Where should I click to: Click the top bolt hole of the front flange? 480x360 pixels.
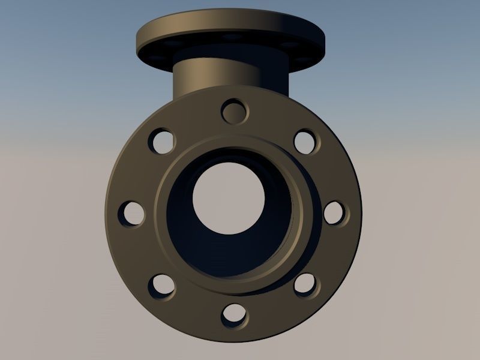pyautogui.click(x=235, y=111)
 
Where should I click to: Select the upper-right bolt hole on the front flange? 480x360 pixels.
pyautogui.click(x=305, y=141)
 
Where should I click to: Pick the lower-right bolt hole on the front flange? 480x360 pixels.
pyautogui.click(x=305, y=284)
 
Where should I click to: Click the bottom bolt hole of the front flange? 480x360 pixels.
pyautogui.click(x=233, y=314)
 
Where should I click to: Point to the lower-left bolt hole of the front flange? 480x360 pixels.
pyautogui.click(x=161, y=286)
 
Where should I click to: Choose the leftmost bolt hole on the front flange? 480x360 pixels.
pyautogui.click(x=131, y=213)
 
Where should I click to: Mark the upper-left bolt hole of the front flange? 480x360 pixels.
pyautogui.click(x=161, y=141)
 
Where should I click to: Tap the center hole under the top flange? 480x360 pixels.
pyautogui.click(x=231, y=37)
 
